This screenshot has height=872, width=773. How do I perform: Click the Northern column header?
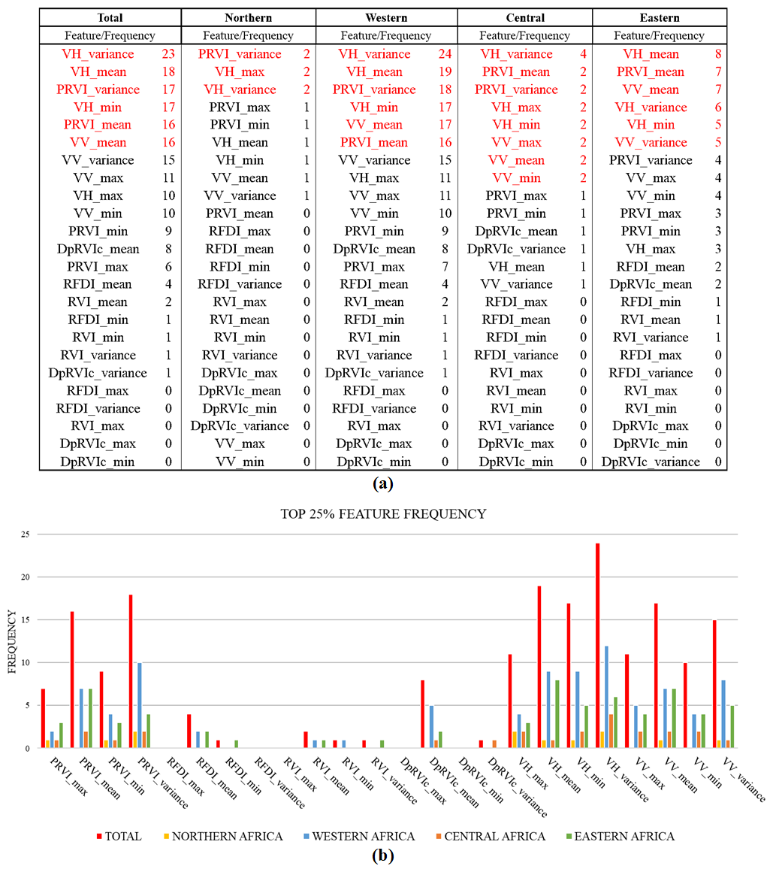coord(248,17)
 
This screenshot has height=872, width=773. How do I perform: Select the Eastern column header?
coord(659,17)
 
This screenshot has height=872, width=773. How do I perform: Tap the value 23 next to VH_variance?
coord(168,54)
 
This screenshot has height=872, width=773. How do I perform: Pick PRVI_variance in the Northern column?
coord(240,54)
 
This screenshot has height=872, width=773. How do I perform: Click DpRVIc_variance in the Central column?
coord(516,249)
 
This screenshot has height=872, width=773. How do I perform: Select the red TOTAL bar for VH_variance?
coord(599,646)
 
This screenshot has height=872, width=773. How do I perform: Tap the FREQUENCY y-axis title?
coord(12,641)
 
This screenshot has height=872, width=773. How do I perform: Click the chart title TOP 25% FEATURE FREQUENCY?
coord(385,514)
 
